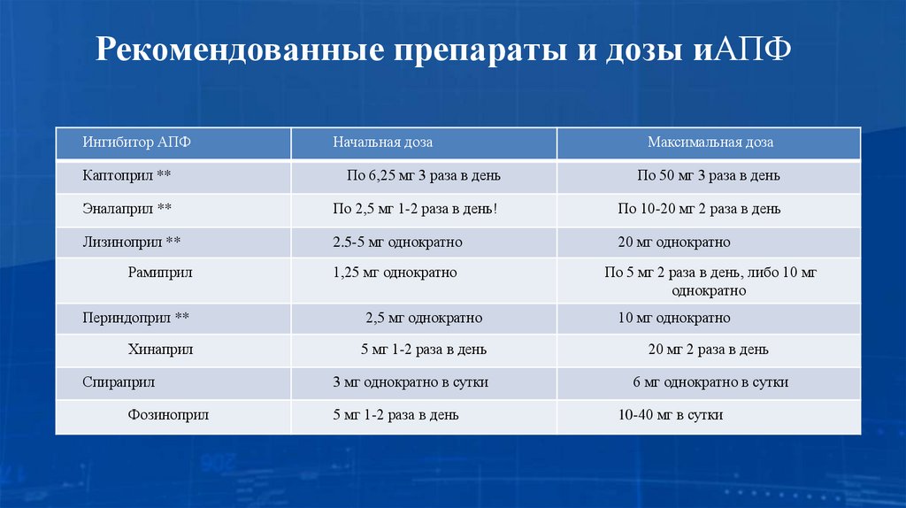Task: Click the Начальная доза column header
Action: tap(382, 142)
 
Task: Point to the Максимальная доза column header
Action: tap(710, 142)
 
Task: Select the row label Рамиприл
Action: tap(160, 273)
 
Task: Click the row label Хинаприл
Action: tap(160, 350)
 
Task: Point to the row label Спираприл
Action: tap(119, 382)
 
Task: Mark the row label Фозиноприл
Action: tap(168, 414)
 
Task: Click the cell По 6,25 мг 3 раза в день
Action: tap(424, 175)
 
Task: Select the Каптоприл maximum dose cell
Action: tap(709, 175)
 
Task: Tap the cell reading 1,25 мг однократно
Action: tap(395, 273)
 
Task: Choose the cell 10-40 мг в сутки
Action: tap(671, 414)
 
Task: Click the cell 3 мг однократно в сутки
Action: tap(411, 382)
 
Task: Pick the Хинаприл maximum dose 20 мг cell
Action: tap(708, 350)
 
